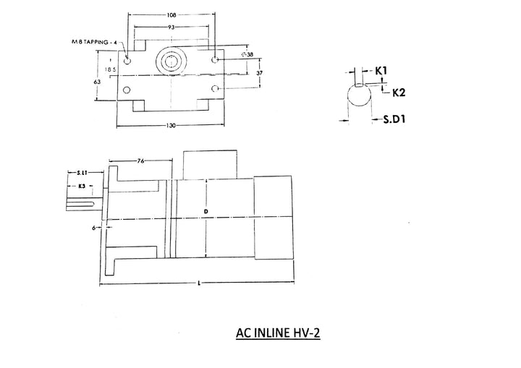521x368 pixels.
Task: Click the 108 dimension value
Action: pyautogui.click(x=171, y=14)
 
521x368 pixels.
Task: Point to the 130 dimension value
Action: pyautogui.click(x=171, y=126)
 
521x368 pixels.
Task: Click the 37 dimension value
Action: pyautogui.click(x=259, y=74)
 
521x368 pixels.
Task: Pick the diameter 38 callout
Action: pyautogui.click(x=247, y=54)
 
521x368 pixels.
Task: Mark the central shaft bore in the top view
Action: pyautogui.click(x=171, y=62)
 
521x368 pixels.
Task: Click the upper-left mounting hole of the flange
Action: pyautogui.click(x=128, y=62)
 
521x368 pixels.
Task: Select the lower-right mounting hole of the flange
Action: pyautogui.click(x=215, y=89)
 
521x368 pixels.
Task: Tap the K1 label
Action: pyautogui.click(x=381, y=71)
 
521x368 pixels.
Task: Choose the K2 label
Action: pyautogui.click(x=397, y=93)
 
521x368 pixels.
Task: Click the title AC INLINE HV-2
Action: pyautogui.click(x=278, y=335)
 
